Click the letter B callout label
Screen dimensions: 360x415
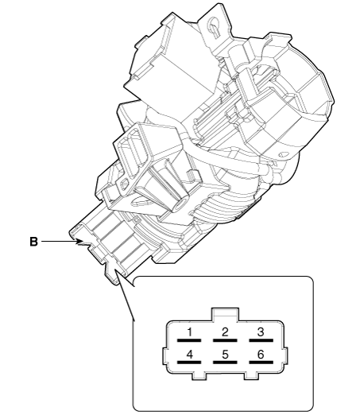click(x=33, y=242)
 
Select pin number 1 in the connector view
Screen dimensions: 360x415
click(x=189, y=332)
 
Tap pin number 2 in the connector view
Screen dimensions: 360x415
click(x=225, y=332)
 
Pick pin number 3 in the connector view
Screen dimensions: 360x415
click(x=261, y=332)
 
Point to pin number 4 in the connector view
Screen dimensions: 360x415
click(x=189, y=355)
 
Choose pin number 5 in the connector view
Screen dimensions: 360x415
click(x=225, y=355)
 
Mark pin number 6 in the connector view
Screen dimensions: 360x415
click(x=261, y=355)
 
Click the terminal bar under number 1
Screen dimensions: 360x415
click(x=189, y=340)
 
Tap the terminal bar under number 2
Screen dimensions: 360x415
click(x=225, y=340)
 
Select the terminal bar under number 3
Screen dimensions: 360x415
click(x=261, y=340)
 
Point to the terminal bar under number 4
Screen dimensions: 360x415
click(x=189, y=362)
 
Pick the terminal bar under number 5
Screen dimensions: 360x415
click(x=225, y=362)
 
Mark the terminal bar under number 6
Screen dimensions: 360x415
click(x=261, y=362)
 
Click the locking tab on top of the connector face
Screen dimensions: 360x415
click(x=225, y=315)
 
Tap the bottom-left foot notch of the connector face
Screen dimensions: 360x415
click(x=199, y=376)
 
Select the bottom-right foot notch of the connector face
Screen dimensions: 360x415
click(x=250, y=376)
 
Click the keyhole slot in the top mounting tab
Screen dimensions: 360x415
click(x=214, y=26)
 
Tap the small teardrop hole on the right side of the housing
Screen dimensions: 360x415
click(x=283, y=154)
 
